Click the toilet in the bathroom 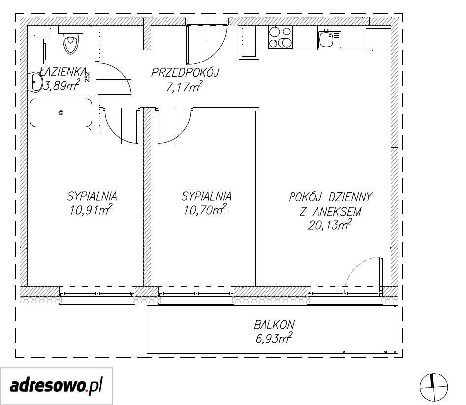71,40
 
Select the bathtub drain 61,113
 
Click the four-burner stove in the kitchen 281,37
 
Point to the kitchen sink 330,37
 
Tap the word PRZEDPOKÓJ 185,73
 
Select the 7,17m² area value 185,87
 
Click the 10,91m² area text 91,209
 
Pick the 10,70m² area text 205,209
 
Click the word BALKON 274,324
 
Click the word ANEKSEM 337,212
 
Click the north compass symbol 433,387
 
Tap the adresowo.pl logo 57,386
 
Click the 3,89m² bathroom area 62,85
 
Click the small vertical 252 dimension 87,77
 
